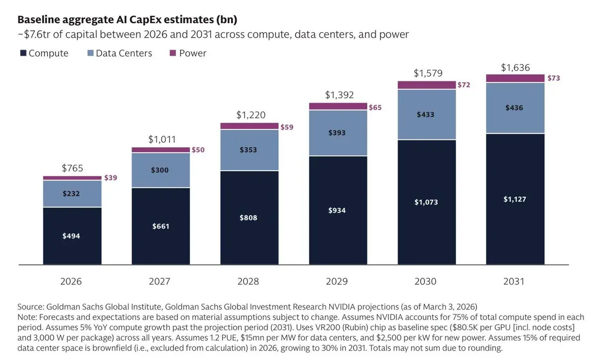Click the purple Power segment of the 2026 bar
coord(72,178)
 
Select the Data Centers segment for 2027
coord(161,170)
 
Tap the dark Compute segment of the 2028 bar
coord(249,218)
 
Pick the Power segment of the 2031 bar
coord(515,78)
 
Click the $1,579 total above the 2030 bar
coord(428,73)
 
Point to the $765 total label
coord(72,168)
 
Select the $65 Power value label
coord(375,107)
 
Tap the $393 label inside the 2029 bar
coord(337,132)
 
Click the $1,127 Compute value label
coord(515,199)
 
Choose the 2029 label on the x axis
coord(337,281)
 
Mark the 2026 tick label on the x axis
coord(71,281)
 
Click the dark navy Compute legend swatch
coord(23,53)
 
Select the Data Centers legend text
coord(124,53)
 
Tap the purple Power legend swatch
coord(173,53)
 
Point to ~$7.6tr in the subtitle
coord(34,35)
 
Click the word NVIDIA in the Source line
coord(342,307)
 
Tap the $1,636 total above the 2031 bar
coord(515,67)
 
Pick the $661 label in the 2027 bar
coord(161,226)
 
